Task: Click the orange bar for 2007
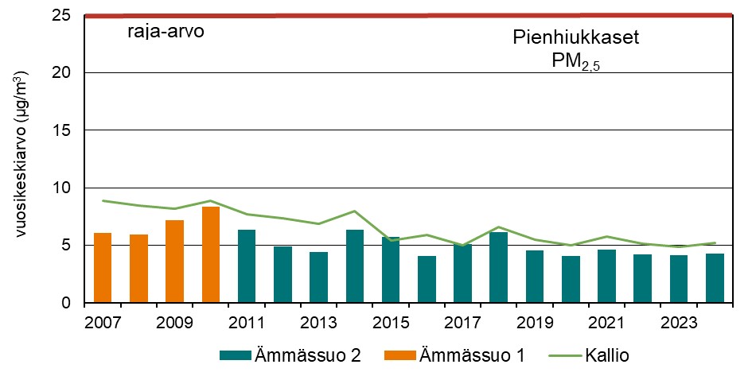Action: point(103,268)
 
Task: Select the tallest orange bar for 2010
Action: point(211,254)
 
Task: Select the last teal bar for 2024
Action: point(715,278)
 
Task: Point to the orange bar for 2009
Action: point(175,262)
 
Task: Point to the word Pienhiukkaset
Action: point(575,38)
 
